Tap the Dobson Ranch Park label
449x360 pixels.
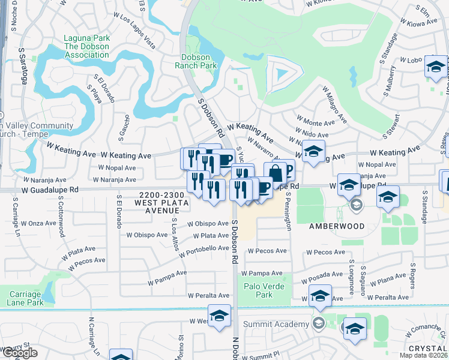coord(199,62)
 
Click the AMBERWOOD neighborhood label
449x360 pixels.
coord(337,226)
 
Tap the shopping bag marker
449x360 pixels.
coord(275,173)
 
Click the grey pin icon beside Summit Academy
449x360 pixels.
coord(318,324)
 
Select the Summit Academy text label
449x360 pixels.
coord(281,325)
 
